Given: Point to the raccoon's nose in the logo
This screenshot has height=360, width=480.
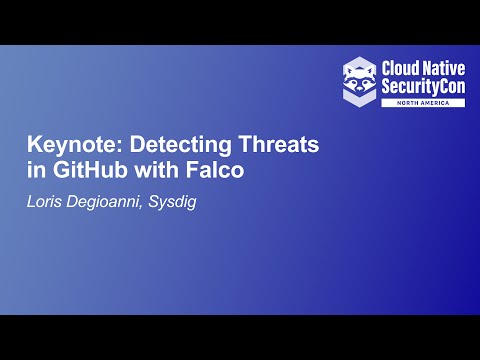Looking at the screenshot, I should (360, 82).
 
